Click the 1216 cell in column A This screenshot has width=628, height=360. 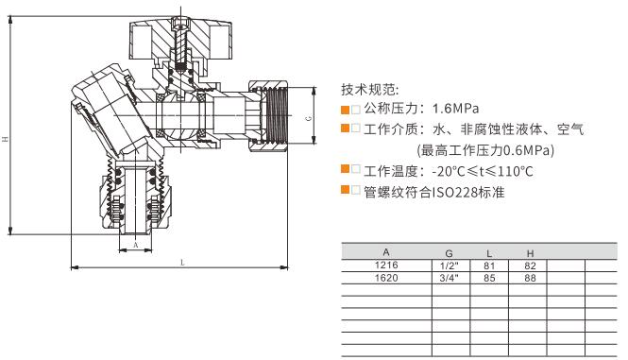coord(385,266)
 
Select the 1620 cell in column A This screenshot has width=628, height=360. coord(385,279)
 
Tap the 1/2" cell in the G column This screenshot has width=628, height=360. coord(448,266)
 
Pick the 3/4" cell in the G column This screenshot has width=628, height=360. coord(448,279)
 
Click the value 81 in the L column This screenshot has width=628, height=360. coord(488,266)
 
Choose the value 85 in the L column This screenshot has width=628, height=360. coord(488,279)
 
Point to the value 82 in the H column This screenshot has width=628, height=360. coord(530,266)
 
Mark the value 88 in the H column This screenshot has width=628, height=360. coord(530,279)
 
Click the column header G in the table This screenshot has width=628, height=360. coord(448,254)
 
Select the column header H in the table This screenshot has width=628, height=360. coord(530,254)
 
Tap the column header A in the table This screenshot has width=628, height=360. coord(385,254)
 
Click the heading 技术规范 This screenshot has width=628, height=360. coord(364,90)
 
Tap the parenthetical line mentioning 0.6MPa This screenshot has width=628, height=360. coord(485,149)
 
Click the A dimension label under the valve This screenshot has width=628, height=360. coord(136,244)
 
